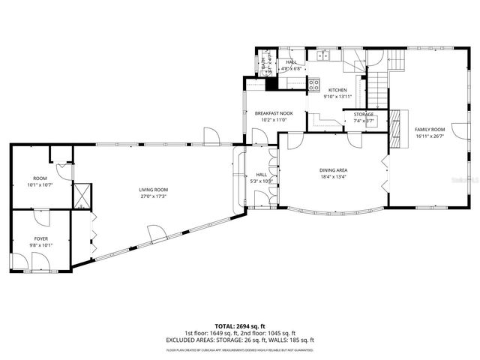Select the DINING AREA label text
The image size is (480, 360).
coord(333,170)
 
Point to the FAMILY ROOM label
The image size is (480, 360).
coord(430,130)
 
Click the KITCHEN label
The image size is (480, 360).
coord(337,90)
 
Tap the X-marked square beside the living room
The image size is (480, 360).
coord(80,194)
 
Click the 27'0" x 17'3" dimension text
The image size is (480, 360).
coord(153,196)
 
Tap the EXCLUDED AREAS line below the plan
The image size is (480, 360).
coord(239,339)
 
